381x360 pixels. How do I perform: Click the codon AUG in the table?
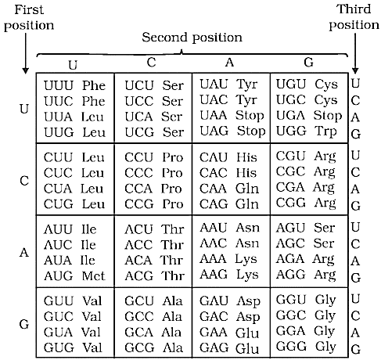coord(59,276)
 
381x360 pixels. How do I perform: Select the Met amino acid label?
coord(93,276)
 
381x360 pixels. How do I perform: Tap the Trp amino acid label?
coord(325,131)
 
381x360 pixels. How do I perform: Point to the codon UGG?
coord(291,131)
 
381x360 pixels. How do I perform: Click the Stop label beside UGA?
coord(328,116)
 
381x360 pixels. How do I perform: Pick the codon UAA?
coord(214,115)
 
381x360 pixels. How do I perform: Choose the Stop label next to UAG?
coord(251,131)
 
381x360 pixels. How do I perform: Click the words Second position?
coord(192,38)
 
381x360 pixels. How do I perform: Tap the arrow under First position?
coord(25,54)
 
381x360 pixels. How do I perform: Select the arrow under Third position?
coord(355,54)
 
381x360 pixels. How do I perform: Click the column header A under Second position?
coord(229,63)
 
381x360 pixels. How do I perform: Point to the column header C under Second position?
coord(152,63)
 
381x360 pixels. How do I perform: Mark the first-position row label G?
coord(24,324)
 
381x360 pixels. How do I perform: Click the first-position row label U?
coord(24,109)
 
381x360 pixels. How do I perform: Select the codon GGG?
coord(291,347)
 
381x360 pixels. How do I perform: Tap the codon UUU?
coord(59,85)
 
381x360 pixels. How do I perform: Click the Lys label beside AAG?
coord(246,275)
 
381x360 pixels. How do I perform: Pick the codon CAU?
coord(214,157)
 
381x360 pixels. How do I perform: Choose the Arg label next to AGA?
coord(324,260)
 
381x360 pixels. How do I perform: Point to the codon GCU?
coord(139,301)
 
